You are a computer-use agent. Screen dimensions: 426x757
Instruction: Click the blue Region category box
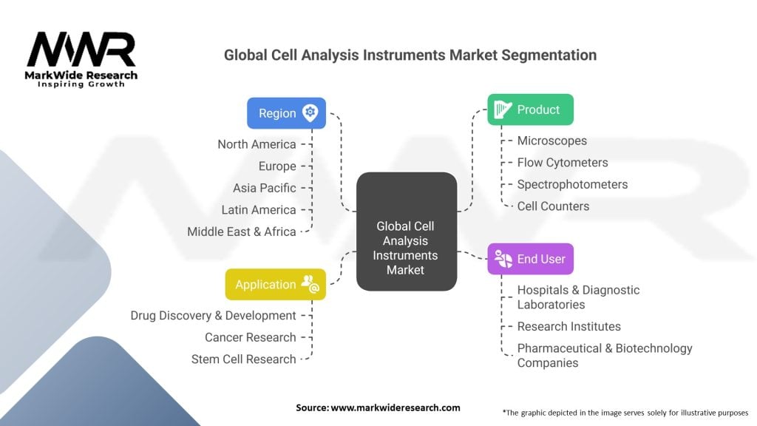pos(286,113)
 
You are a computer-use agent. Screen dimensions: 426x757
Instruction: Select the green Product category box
pos(530,109)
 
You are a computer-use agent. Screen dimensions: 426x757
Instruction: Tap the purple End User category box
pos(530,259)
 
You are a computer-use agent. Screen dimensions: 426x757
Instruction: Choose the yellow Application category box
pos(275,284)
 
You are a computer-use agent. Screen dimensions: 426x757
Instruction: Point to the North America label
pos(257,144)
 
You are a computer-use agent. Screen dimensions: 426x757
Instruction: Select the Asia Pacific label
pos(264,188)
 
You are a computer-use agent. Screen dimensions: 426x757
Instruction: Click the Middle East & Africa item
pos(241,231)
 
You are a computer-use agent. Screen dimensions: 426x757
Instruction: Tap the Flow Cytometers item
pos(562,163)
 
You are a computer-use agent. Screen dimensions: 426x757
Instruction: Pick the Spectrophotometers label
pos(572,184)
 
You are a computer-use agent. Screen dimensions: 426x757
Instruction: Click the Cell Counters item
pos(553,206)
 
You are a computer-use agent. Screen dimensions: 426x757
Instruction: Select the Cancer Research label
pos(250,337)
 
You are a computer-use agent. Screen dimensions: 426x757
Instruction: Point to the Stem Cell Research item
pos(243,359)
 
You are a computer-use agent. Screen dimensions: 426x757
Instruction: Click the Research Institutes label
pos(568,326)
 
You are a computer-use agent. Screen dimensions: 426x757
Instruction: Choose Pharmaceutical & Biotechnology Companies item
pos(604,355)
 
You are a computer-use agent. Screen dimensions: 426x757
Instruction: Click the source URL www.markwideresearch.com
pos(378,408)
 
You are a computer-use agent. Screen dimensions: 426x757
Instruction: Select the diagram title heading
pos(410,55)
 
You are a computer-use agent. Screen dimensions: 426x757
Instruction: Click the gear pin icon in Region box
pos(310,112)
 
